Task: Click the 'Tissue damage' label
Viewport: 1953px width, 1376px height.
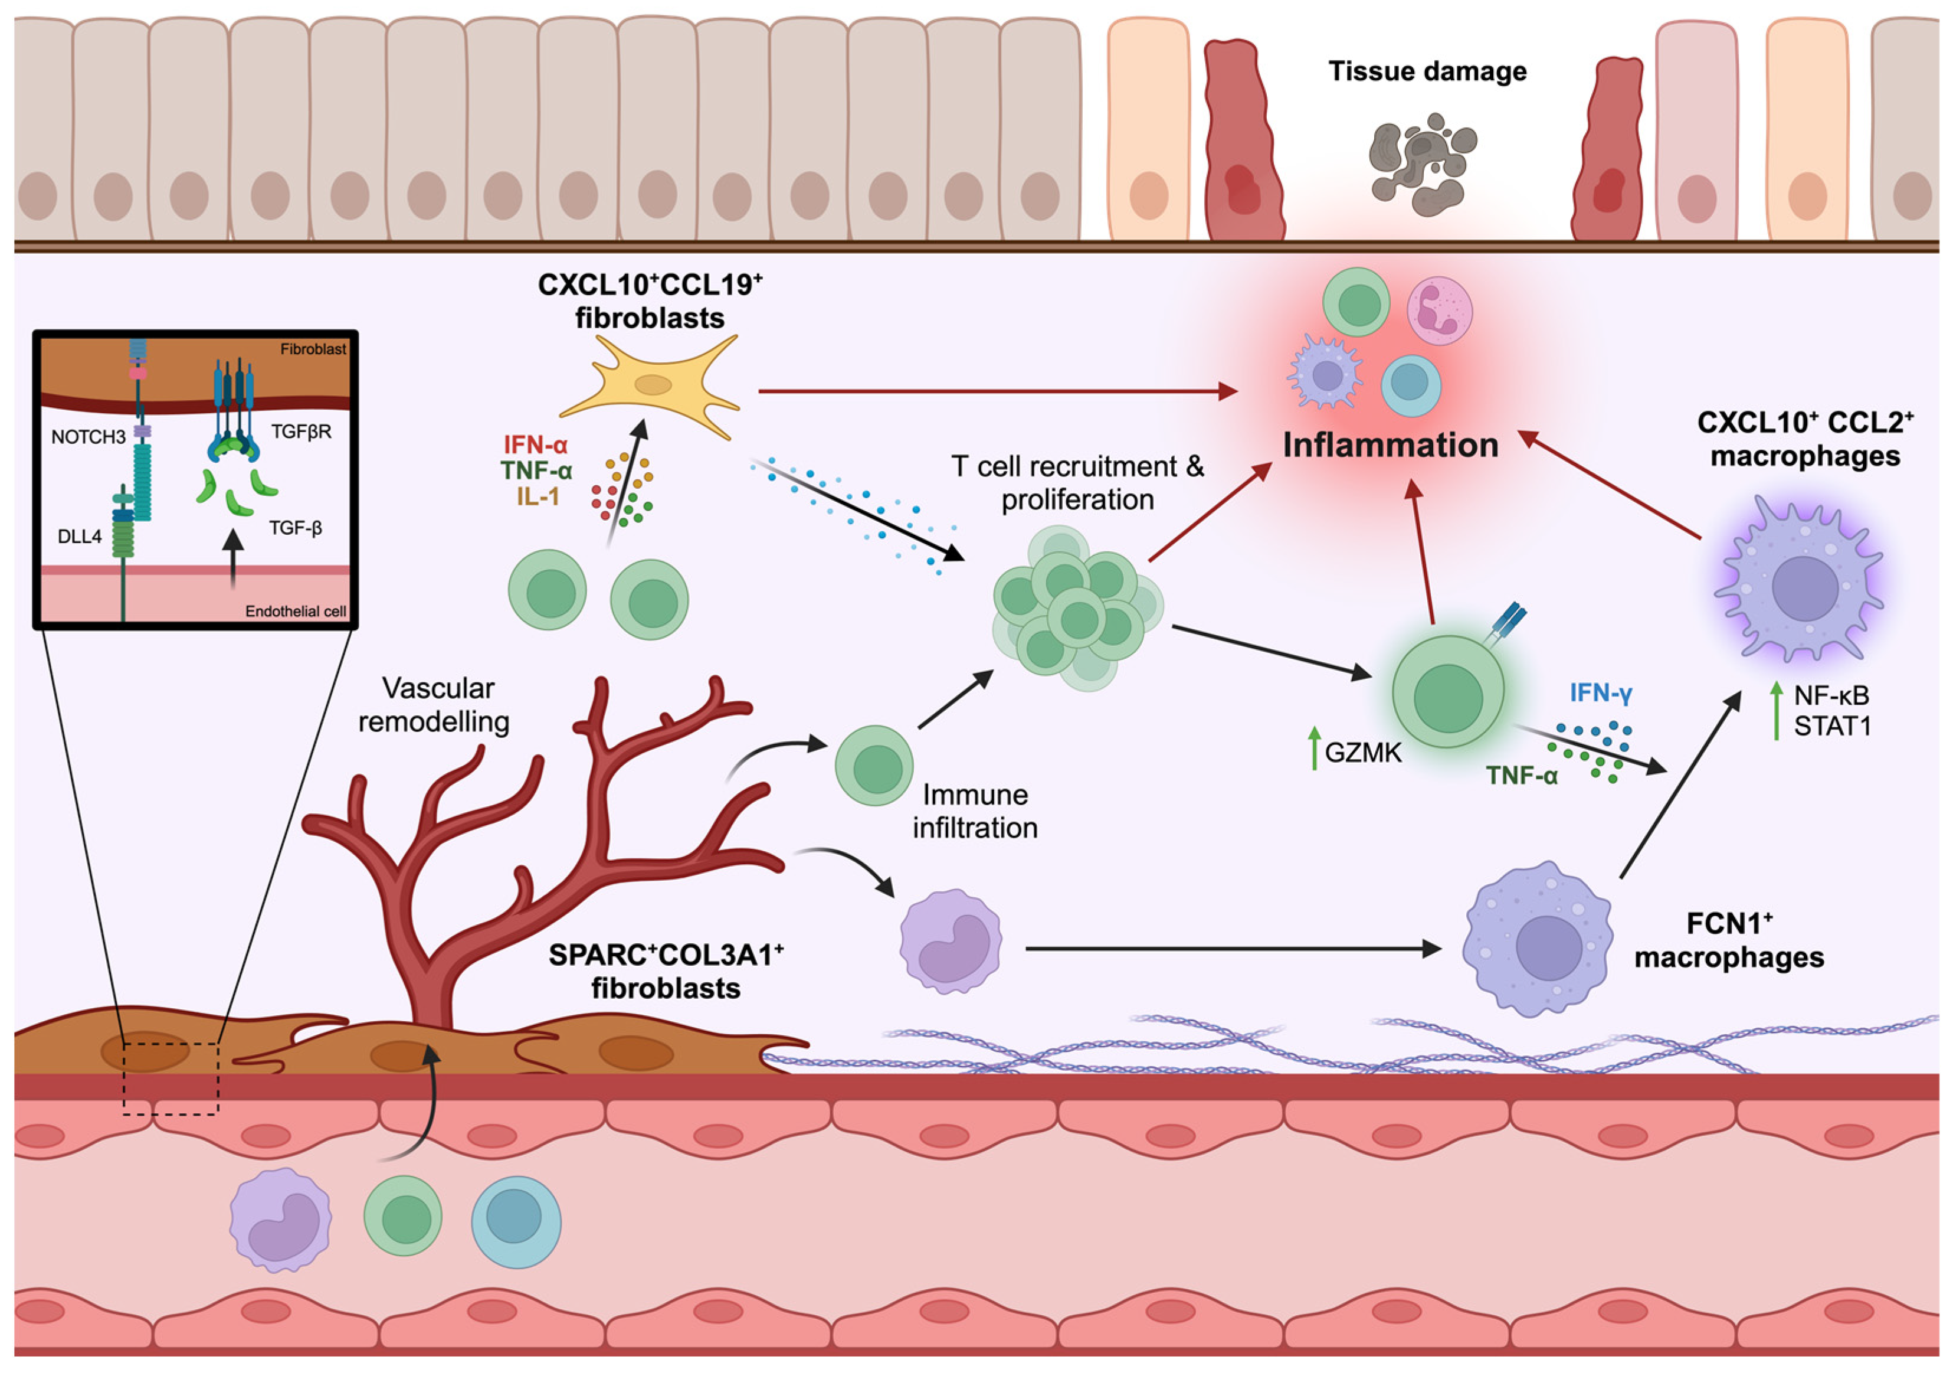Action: click(1427, 71)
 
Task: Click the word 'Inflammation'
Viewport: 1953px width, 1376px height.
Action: click(1390, 445)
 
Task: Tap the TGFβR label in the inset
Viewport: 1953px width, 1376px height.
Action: click(301, 432)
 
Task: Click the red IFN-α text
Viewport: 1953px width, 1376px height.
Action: click(535, 444)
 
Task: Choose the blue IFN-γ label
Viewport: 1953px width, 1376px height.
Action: click(1600, 694)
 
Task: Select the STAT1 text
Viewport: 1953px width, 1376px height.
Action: click(1831, 727)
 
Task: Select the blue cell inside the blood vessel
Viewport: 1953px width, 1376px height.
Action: click(516, 1221)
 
